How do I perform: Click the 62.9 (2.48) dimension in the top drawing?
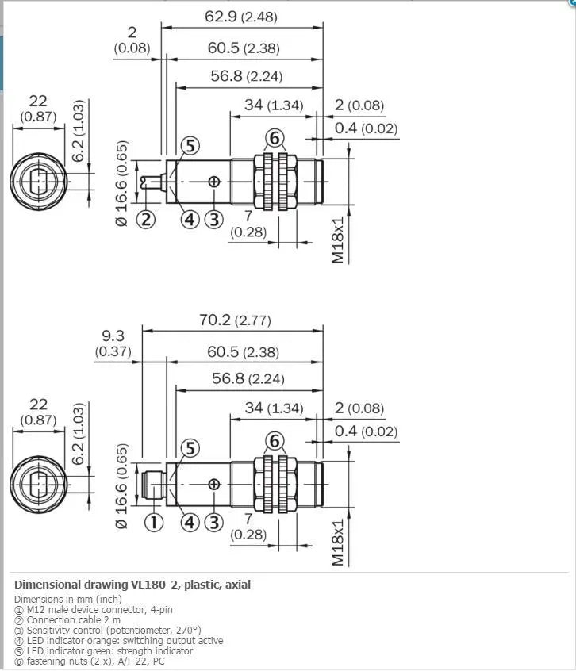[x=241, y=17]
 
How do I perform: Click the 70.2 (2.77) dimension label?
[x=235, y=320]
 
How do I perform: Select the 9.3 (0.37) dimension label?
[x=113, y=343]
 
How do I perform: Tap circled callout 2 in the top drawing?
[x=146, y=220]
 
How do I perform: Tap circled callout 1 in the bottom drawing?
[x=154, y=523]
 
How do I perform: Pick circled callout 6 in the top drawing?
[x=275, y=138]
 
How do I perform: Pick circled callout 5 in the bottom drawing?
[x=190, y=448]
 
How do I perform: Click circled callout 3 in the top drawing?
[x=214, y=220]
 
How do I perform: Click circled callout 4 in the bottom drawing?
[x=190, y=523]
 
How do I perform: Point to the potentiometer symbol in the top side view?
[x=214, y=182]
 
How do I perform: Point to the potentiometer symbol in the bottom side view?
[x=214, y=485]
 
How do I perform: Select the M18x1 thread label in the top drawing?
[x=338, y=240]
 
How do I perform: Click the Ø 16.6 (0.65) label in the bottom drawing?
[x=121, y=485]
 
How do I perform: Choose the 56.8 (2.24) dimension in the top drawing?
[x=247, y=76]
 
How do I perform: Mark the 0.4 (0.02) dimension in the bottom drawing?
[x=366, y=431]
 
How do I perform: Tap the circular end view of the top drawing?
[x=39, y=182]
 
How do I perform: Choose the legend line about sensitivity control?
[x=108, y=631]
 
